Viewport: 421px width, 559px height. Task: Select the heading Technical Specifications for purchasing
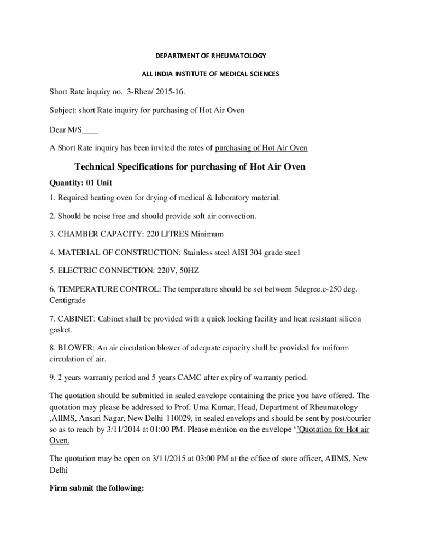pyautogui.click(x=190, y=167)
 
